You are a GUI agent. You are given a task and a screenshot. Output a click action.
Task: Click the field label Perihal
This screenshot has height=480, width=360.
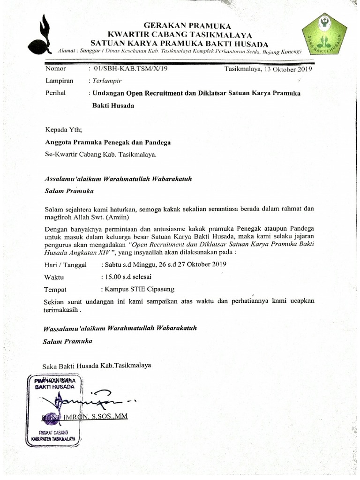[x=55, y=93]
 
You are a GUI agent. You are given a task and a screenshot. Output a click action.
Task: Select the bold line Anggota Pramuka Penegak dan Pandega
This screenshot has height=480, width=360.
[x=108, y=142]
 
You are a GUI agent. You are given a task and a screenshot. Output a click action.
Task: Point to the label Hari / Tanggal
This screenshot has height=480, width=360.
[x=66, y=265]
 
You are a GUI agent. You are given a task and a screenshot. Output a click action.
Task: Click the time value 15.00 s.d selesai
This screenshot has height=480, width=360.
[x=126, y=277]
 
